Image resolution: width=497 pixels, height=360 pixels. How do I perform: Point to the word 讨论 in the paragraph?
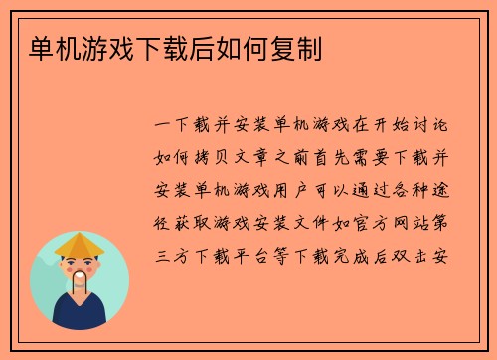pos(435,128)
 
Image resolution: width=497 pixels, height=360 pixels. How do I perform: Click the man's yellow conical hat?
pos(80,242)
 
